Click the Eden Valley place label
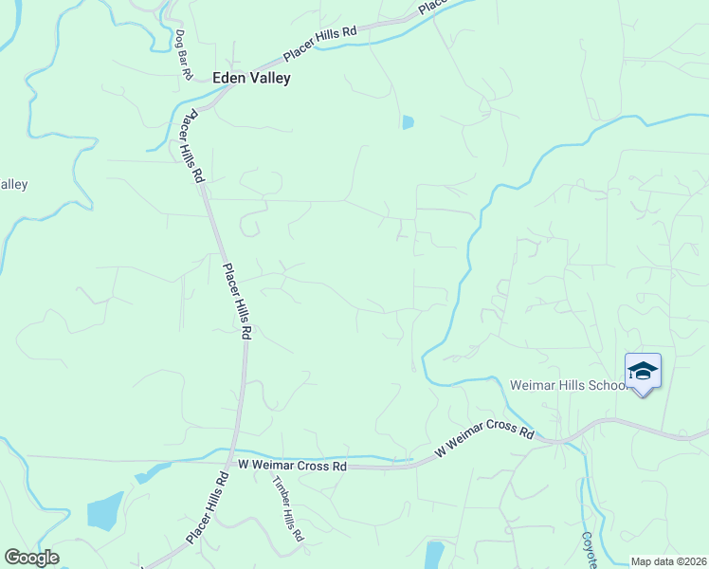point(251,79)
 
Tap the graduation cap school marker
point(643,371)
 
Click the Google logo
point(31,558)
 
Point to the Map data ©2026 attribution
point(668,561)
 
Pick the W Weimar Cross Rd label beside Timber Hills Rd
point(292,466)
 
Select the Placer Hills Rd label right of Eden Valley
point(320,44)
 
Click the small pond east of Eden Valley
point(408,122)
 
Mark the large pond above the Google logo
point(104,510)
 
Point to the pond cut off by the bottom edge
point(434,554)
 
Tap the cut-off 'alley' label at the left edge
point(13,185)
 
